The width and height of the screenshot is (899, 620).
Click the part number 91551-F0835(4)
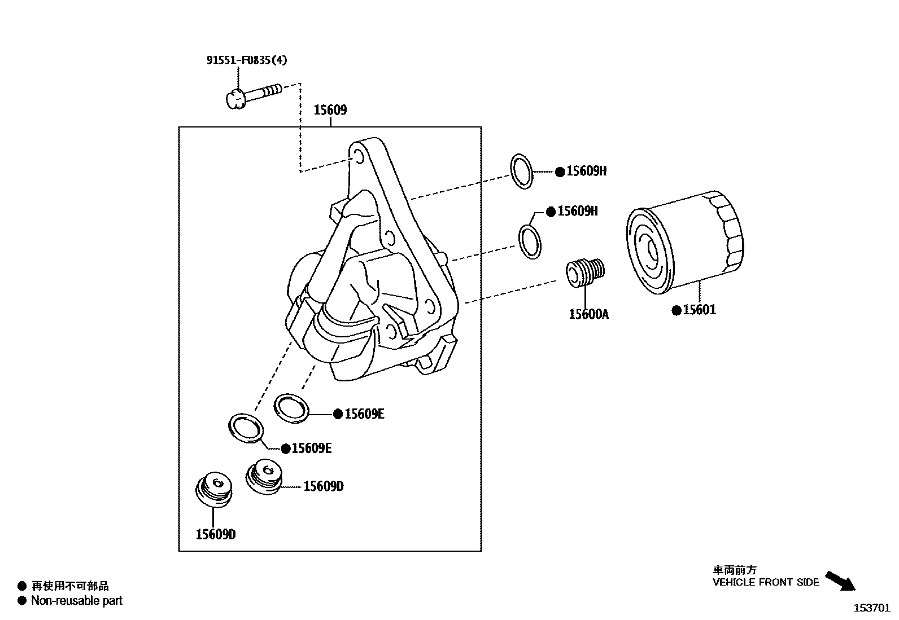(x=246, y=60)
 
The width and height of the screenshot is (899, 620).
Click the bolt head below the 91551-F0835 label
(x=234, y=100)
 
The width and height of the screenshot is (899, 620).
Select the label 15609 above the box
(x=330, y=111)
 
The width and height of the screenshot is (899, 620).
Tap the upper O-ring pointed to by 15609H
(x=522, y=170)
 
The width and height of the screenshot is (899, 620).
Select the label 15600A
(x=588, y=314)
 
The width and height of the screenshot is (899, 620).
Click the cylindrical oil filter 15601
(x=685, y=243)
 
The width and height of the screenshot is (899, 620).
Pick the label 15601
(x=699, y=310)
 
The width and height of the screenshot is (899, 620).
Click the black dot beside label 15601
(x=676, y=310)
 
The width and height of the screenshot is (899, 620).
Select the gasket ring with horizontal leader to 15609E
(x=293, y=408)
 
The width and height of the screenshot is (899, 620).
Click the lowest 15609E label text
(x=312, y=448)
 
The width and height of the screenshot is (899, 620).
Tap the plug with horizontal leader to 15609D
(x=264, y=477)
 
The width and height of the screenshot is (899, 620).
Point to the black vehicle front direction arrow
(x=841, y=581)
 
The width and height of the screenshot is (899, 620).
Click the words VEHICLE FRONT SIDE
(x=765, y=582)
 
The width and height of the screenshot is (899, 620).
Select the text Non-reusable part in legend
(x=77, y=601)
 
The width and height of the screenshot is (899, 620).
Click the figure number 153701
(x=871, y=608)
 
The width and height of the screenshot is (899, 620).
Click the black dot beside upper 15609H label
(x=560, y=172)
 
